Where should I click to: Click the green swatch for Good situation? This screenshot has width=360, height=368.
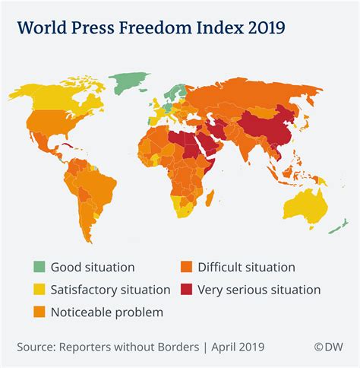click(38, 267)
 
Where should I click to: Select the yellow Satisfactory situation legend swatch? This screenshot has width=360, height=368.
click(38, 290)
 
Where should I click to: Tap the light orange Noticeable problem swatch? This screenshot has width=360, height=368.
click(38, 312)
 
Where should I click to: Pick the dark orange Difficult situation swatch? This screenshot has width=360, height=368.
click(185, 267)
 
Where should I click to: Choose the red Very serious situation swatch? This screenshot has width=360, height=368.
click(185, 290)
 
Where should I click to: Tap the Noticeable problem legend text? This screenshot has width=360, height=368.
click(106, 312)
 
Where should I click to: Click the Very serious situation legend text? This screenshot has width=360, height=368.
click(258, 290)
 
